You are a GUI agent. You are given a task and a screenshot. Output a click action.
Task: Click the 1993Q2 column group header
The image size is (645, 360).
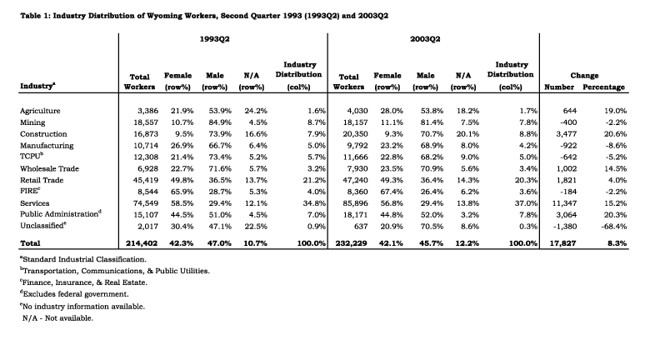click(214, 39)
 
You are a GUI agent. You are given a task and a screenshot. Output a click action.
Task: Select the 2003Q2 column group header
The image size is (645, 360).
click(425, 39)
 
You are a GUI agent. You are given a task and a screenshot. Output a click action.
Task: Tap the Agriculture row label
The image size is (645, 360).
click(40, 111)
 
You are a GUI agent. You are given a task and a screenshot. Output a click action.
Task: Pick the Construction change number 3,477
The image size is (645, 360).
click(566, 133)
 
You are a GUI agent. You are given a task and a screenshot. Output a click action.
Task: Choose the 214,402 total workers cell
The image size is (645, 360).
click(142, 243)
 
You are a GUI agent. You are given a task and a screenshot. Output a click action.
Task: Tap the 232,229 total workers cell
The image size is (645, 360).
click(352, 243)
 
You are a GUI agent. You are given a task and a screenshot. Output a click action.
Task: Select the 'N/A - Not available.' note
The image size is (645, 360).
click(57, 318)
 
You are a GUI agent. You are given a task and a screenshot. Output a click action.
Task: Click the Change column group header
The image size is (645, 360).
click(584, 75)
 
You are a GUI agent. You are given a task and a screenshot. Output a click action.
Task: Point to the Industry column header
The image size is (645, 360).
click(37, 86)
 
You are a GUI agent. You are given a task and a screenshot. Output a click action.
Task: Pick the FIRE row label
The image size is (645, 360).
click(30, 191)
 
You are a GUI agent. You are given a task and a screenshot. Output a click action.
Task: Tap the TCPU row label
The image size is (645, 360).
click(32, 157)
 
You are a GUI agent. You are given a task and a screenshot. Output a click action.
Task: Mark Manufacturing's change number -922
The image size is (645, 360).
click(567, 145)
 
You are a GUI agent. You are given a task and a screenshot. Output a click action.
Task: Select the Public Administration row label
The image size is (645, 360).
click(61, 214)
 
